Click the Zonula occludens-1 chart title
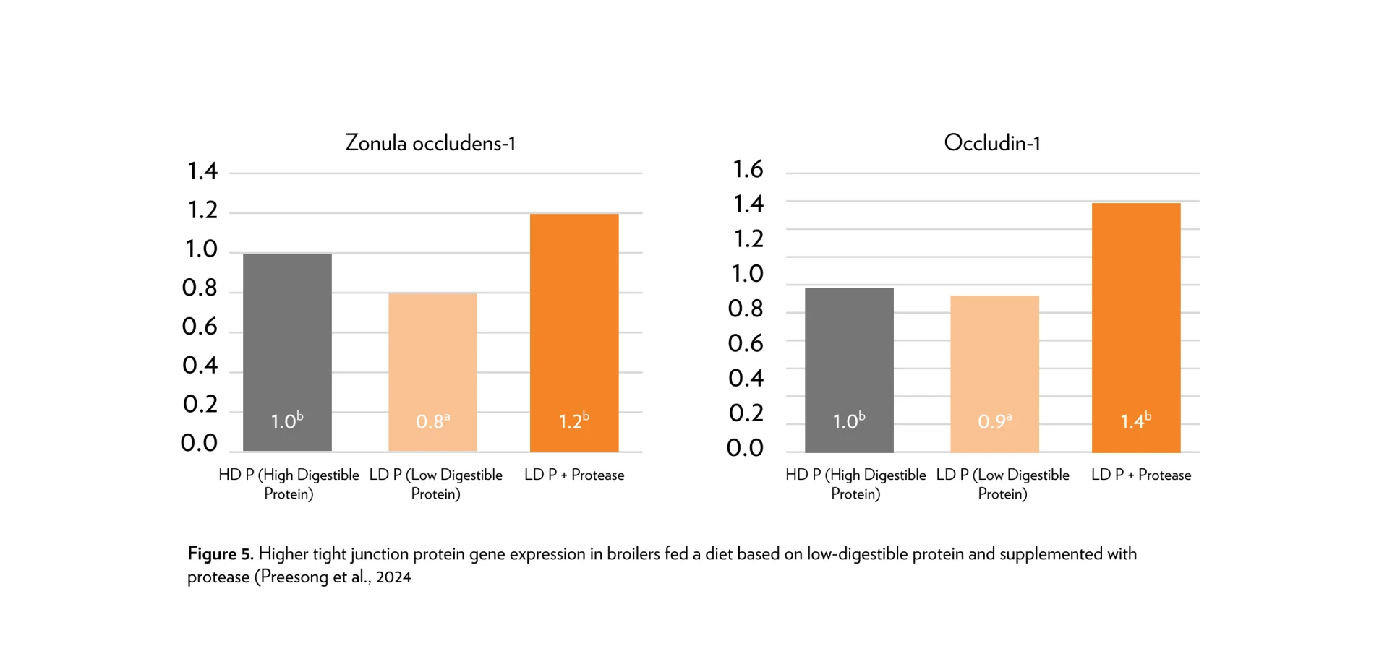430,143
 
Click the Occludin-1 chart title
991,143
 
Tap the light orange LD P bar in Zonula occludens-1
432,361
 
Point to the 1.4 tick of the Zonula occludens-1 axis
202,171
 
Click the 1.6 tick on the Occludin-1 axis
748,169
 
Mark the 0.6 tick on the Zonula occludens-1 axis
200,327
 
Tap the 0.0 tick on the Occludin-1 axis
745,448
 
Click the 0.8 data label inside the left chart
432,421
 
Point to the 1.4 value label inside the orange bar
1135,421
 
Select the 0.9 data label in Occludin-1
994,421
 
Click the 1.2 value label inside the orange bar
573,421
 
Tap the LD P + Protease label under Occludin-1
1141,475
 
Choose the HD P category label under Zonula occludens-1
289,483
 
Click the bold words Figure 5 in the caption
220,553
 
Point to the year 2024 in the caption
393,577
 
